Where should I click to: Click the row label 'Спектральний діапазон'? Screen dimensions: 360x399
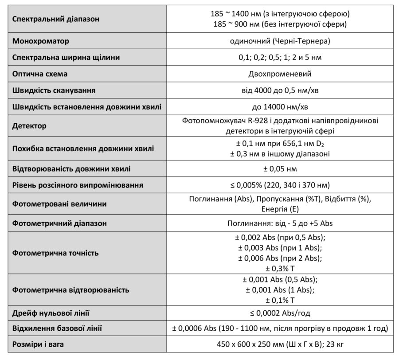tap(56, 19)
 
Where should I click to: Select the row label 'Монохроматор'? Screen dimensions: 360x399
tap(41, 41)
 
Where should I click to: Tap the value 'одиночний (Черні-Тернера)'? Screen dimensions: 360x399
tap(280, 41)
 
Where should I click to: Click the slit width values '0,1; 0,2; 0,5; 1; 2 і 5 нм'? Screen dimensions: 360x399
tap(280, 58)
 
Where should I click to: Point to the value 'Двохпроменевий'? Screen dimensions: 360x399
tap(280, 74)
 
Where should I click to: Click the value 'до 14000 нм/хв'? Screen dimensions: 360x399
tap(280, 107)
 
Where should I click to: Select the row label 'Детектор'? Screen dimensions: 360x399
tap(29, 126)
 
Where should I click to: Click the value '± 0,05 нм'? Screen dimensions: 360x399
tap(280, 169)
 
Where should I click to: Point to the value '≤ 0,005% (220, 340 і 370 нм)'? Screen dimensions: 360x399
tap(280, 185)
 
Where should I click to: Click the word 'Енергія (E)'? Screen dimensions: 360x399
tap(280, 209)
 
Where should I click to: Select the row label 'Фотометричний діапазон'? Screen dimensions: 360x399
tap(59, 223)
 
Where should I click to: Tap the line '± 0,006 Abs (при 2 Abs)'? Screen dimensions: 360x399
tap(280, 258)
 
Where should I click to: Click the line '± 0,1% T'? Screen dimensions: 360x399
tap(280, 300)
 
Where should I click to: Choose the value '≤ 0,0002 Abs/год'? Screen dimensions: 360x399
tap(280, 313)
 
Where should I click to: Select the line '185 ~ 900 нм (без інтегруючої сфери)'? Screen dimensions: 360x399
tap(280, 24)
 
